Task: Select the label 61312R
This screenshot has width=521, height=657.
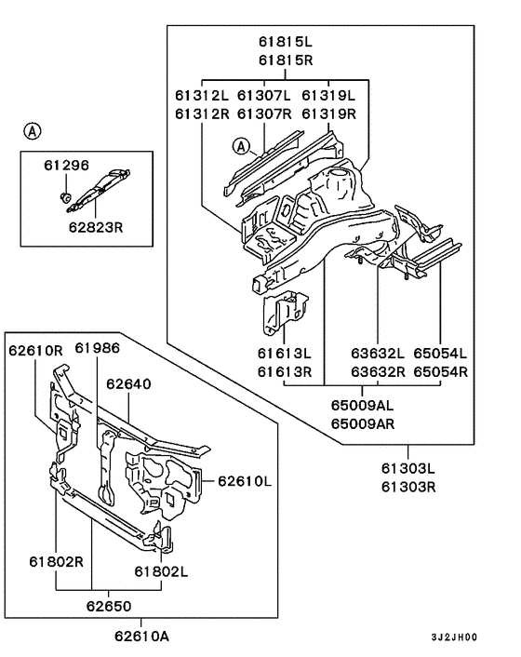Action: tap(201, 114)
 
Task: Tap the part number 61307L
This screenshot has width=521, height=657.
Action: tap(263, 96)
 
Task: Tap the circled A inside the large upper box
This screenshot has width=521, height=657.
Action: tap(242, 146)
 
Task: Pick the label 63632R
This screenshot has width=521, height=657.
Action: tap(378, 371)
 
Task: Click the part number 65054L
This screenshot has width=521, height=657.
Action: tap(440, 354)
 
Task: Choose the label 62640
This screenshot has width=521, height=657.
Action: tap(128, 383)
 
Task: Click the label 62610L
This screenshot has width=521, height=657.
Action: tap(245, 481)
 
